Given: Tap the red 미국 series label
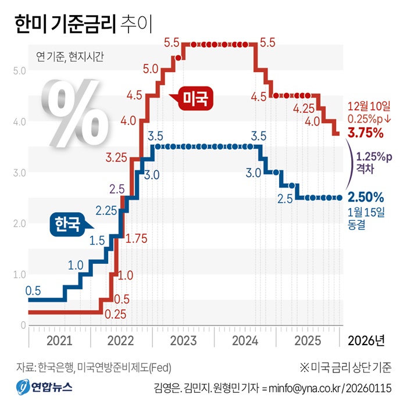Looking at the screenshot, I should point(195,98).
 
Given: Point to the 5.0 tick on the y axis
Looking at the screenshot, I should point(19,71).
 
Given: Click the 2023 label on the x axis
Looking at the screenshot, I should point(183,339).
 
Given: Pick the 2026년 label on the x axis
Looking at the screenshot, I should point(365,339).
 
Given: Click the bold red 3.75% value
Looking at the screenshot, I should point(365,133).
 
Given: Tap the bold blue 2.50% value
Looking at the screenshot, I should point(365,196).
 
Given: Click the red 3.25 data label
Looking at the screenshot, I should point(117,157).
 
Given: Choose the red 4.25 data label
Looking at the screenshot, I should point(305,108).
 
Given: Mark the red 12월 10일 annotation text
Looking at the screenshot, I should point(365,106).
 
